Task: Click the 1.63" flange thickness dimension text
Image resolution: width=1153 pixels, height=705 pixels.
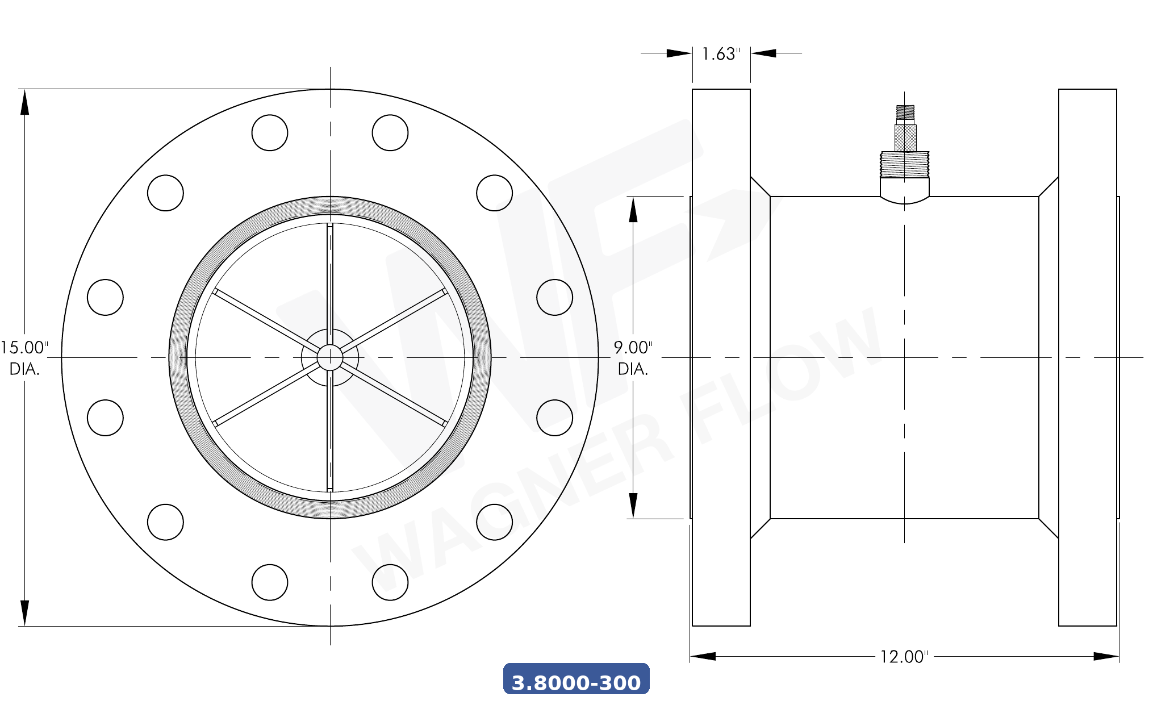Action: pyautogui.click(x=721, y=54)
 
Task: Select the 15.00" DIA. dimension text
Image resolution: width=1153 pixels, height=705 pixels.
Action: pyautogui.click(x=24, y=358)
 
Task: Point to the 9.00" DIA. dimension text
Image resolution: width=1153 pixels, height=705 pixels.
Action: pyautogui.click(x=633, y=358)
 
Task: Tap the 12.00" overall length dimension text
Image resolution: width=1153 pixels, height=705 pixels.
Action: pyautogui.click(x=904, y=657)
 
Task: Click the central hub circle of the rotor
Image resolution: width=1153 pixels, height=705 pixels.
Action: pyautogui.click(x=330, y=357)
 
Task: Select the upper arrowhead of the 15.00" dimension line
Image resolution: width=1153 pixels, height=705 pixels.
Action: pyautogui.click(x=24, y=102)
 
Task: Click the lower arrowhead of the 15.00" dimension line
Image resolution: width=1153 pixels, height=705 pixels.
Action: pyautogui.click(x=24, y=614)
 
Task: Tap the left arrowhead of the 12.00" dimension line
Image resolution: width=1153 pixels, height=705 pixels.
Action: pyautogui.click(x=703, y=657)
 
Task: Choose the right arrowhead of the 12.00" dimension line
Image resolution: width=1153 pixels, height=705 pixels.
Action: pyautogui.click(x=1106, y=657)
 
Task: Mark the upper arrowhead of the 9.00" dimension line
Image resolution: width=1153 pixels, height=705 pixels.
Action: pyautogui.click(x=633, y=209)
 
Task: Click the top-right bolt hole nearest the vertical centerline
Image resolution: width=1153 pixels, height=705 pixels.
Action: pyautogui.click(x=390, y=133)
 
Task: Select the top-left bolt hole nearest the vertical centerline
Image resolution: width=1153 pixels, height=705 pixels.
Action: pyautogui.click(x=270, y=133)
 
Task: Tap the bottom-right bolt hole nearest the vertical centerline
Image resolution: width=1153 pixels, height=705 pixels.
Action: pyautogui.click(x=390, y=582)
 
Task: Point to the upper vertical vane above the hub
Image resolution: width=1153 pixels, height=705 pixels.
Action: pyautogui.click(x=330, y=278)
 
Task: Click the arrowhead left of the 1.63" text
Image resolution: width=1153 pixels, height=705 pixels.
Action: pyautogui.click(x=679, y=53)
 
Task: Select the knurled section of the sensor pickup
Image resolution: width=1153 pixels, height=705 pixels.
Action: pyautogui.click(x=905, y=137)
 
